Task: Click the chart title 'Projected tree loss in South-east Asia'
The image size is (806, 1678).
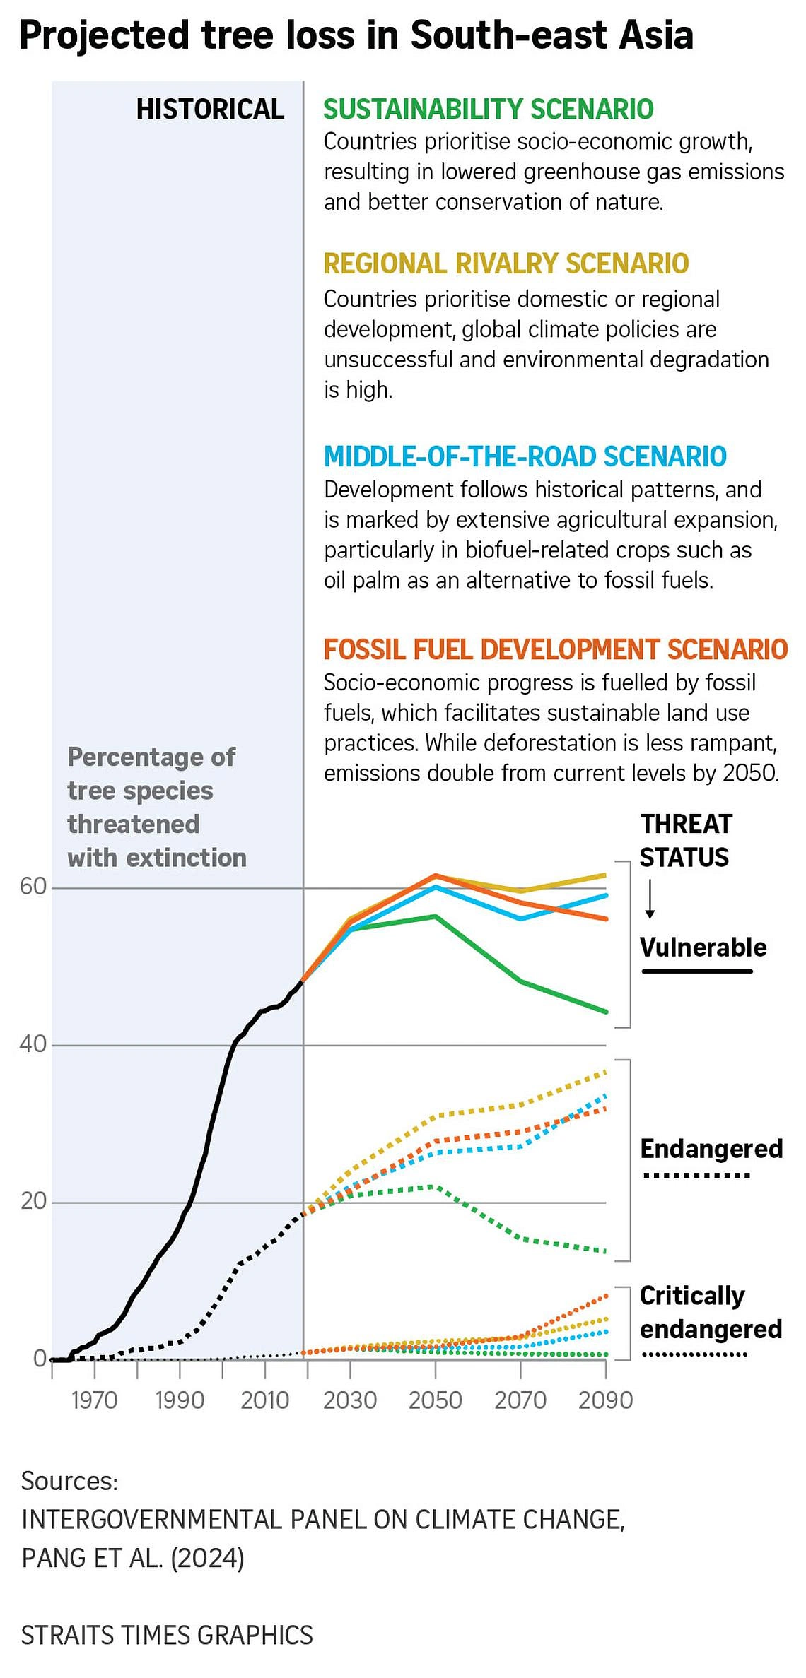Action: point(356,35)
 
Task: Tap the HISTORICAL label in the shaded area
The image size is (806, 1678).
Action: point(210,110)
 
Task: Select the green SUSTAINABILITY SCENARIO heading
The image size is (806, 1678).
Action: point(489,110)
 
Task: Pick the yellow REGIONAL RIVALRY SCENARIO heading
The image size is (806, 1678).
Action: point(506,264)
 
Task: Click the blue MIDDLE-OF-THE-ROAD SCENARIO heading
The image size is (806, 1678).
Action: point(525,456)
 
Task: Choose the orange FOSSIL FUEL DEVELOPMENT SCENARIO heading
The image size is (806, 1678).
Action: point(556,649)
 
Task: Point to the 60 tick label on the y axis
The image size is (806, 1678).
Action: point(33,886)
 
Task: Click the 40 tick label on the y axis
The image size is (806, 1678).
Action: point(33,1044)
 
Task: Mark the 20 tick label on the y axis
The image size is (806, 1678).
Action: point(33,1200)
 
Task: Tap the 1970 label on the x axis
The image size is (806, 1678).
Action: point(94,1400)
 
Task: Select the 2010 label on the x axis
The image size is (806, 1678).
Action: point(264,1400)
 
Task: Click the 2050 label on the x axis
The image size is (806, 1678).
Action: point(435,1400)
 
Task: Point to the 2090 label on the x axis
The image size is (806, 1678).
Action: point(605,1400)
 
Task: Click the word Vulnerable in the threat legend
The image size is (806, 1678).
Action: point(703,947)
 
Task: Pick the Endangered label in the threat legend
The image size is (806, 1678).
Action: point(711,1149)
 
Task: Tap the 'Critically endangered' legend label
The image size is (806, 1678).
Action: point(711,1313)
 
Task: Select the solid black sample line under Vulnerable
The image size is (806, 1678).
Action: point(697,971)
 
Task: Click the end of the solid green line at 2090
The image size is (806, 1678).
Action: point(605,1012)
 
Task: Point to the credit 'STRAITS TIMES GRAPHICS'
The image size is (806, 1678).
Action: point(167,1635)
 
